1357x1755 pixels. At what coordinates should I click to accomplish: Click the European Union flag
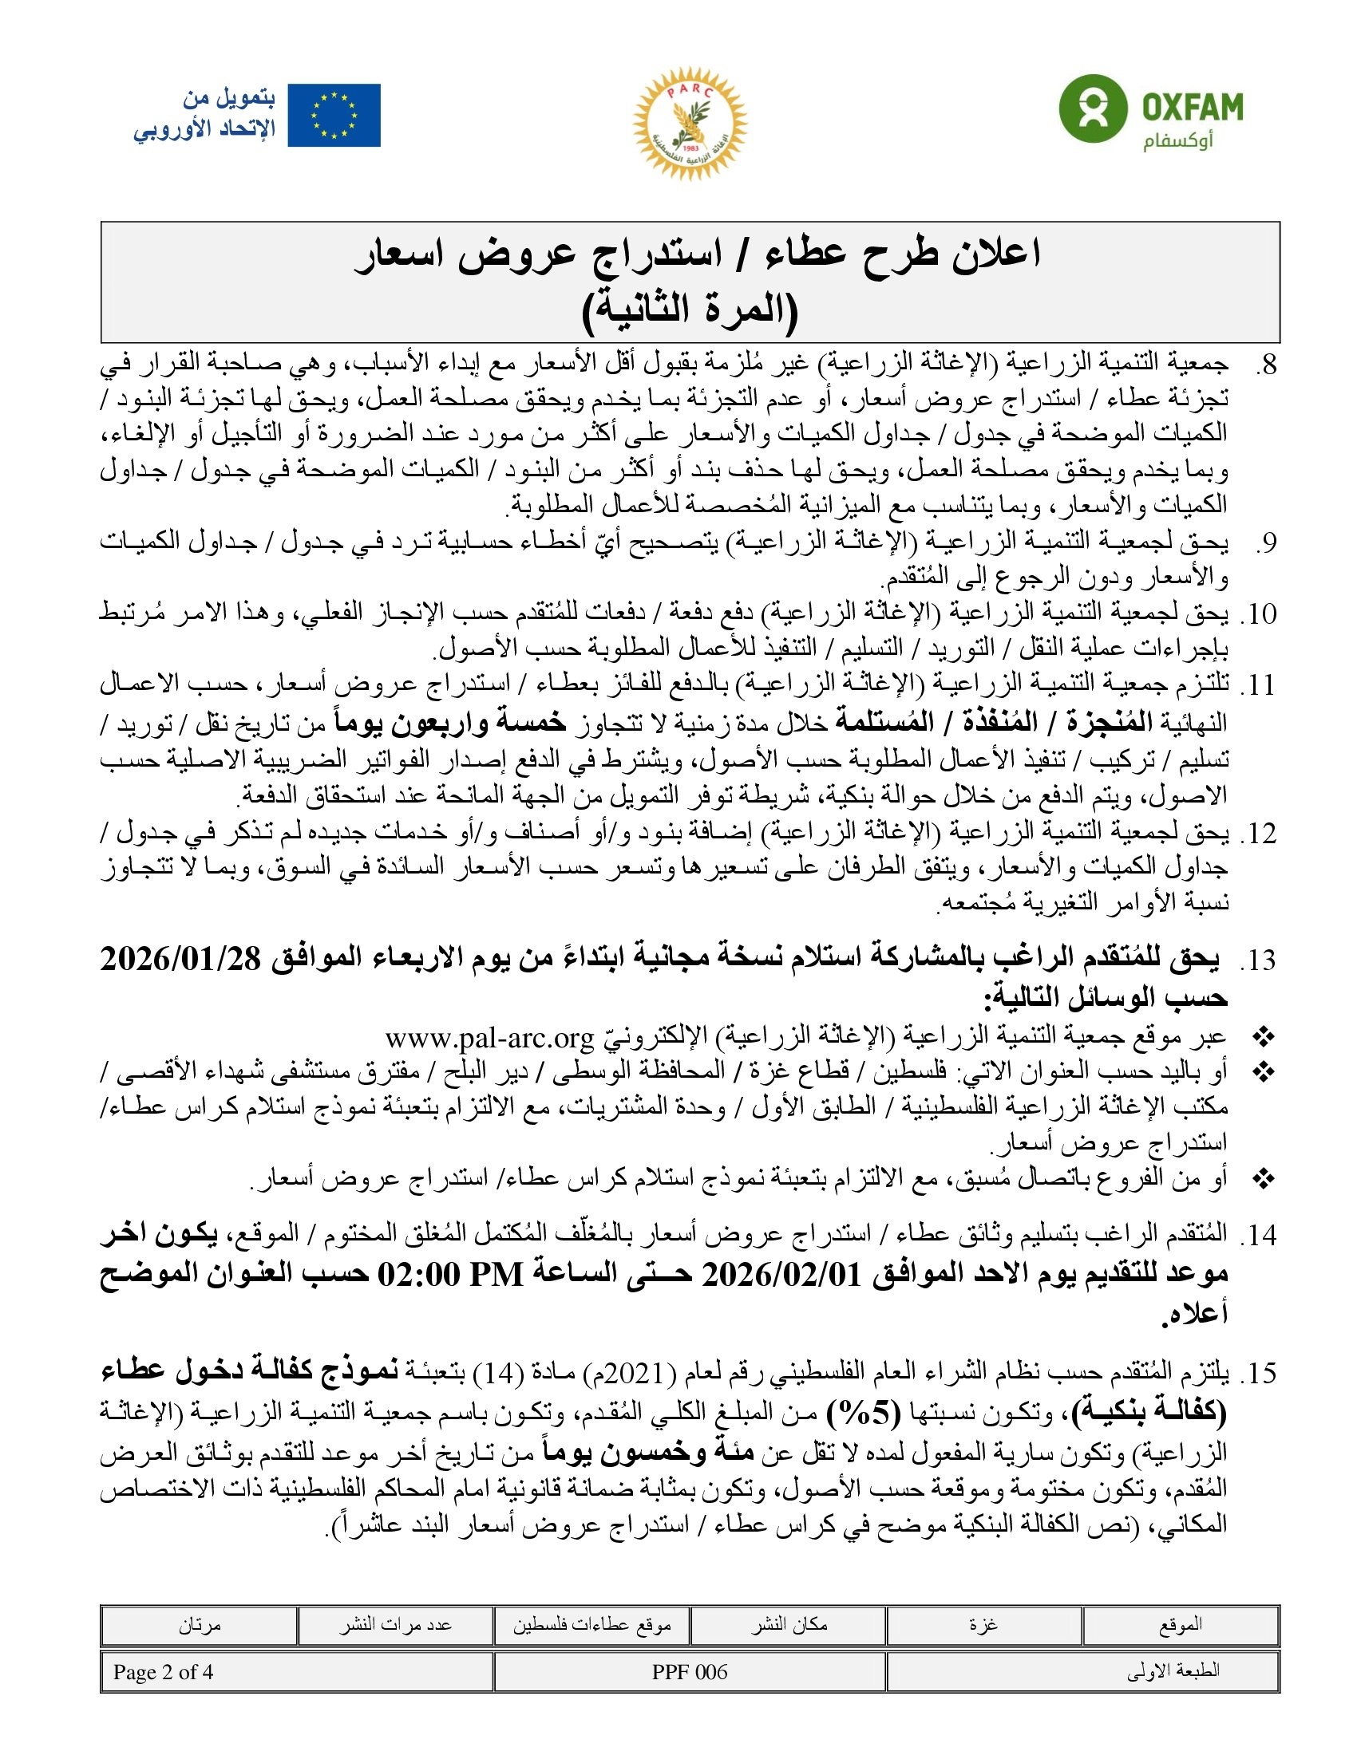click(334, 116)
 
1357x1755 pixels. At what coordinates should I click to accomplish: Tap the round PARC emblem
click(690, 123)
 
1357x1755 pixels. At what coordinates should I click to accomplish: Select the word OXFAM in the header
click(1193, 107)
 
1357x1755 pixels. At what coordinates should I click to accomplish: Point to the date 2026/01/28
click(181, 960)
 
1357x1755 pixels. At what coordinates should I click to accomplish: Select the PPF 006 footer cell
click(690, 1672)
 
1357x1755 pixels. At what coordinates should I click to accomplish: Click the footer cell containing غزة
click(983, 1625)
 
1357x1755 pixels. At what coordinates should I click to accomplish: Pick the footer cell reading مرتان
click(200, 1625)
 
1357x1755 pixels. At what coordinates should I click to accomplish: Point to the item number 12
click(1259, 834)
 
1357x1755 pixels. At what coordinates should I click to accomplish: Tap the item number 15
click(1259, 1374)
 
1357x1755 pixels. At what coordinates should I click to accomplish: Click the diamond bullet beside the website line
click(1264, 1039)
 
